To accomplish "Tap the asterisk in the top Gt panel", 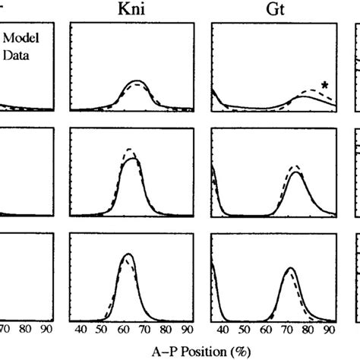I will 325,87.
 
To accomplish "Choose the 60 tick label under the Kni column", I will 125,331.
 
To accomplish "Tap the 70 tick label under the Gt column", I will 287,331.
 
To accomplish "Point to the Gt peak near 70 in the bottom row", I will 289,269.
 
